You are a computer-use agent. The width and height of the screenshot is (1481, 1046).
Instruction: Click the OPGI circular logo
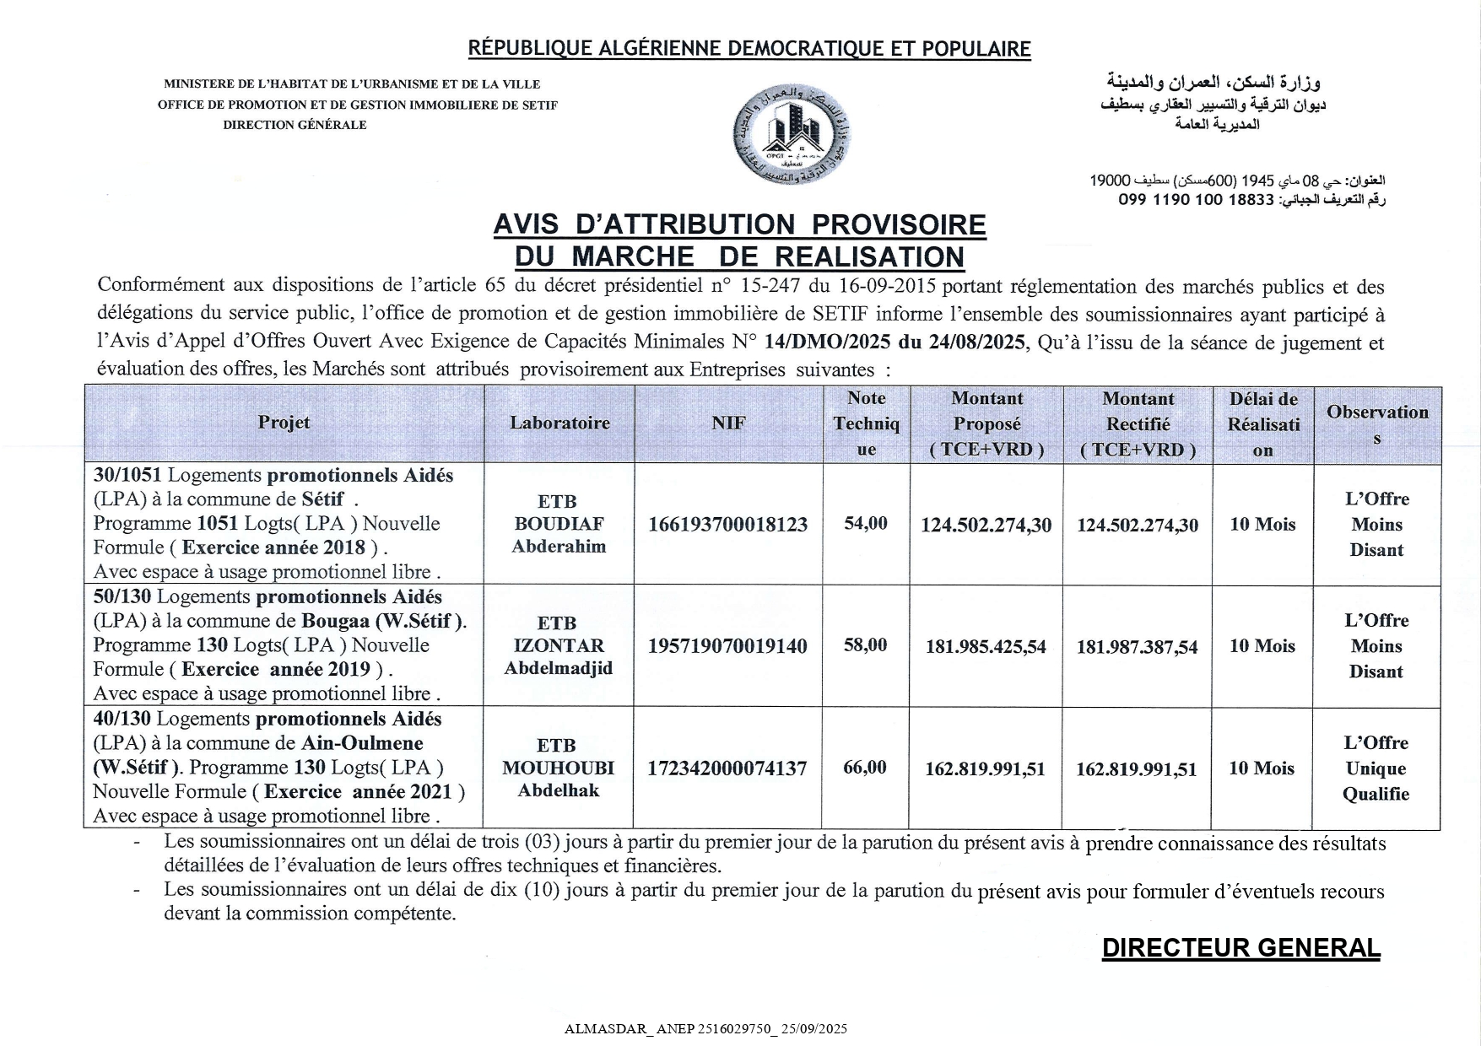[x=791, y=135]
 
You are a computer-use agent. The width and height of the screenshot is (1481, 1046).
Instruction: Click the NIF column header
[x=728, y=423]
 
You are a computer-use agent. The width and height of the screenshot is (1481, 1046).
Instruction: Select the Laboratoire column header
[x=559, y=423]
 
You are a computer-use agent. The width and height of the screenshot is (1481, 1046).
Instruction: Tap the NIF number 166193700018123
[x=727, y=524]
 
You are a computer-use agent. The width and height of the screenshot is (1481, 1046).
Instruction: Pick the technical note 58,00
[x=866, y=645]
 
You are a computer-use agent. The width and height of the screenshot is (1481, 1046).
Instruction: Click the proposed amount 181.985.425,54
[x=986, y=647]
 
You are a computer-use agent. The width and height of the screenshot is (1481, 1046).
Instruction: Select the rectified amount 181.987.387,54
[x=1137, y=648]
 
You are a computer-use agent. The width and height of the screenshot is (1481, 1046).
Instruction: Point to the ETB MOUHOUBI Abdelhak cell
[x=558, y=768]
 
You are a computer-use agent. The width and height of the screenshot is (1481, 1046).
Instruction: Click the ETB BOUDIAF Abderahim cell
[x=559, y=524]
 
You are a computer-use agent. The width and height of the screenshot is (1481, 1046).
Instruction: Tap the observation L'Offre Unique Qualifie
[x=1376, y=768]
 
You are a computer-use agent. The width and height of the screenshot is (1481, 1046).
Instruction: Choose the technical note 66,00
[x=865, y=767]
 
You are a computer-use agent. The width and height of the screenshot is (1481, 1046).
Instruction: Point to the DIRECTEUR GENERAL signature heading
[x=1240, y=948]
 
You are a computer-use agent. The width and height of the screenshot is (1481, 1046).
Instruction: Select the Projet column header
[x=284, y=423]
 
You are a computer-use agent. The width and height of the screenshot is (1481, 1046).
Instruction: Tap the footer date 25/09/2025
[x=814, y=1029]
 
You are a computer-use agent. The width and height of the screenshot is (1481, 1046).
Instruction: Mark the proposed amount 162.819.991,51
[x=985, y=769]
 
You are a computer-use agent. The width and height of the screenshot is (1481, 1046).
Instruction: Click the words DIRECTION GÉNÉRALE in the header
[x=295, y=125]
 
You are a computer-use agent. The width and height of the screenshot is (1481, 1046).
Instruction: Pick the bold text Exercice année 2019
[x=276, y=670]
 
